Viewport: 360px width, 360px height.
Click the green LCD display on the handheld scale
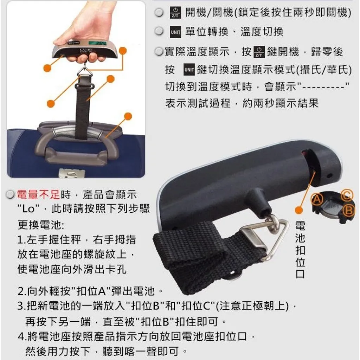coord(97,43)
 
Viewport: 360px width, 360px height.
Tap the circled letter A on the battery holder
coord(317,199)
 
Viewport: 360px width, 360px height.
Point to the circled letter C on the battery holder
coord(347,195)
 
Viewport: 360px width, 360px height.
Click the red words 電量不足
coord(38,195)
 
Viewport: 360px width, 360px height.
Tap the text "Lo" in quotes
coord(28,209)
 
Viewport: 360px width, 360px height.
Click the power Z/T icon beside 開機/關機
coord(175,12)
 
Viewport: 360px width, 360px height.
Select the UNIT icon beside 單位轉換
coord(175,32)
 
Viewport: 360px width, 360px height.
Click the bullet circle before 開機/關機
coord(159,12)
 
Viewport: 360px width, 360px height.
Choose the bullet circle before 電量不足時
coord(10,195)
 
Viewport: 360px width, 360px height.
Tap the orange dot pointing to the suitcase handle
coord(128,116)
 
